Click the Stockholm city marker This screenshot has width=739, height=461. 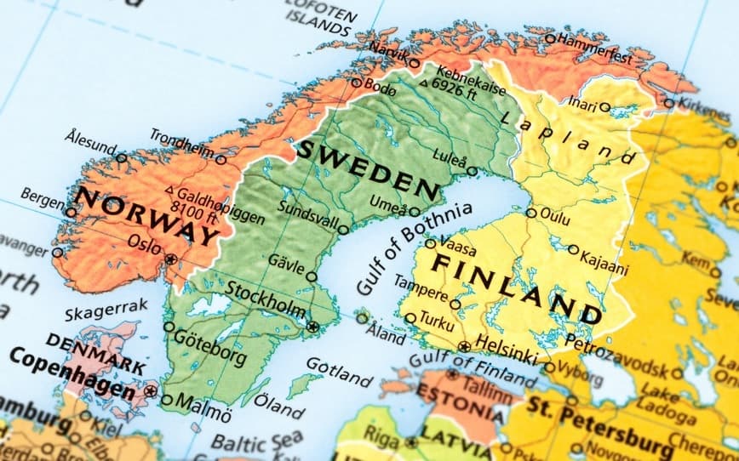pos(312,326)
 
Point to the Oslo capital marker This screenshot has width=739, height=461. pos(171,259)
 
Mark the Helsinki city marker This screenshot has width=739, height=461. pos(464,346)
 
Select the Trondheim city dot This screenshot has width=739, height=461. pos(221,159)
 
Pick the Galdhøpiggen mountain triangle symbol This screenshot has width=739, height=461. pos(169,191)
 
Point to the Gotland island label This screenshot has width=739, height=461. pos(339,372)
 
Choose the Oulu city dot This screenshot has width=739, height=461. pos(531,213)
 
